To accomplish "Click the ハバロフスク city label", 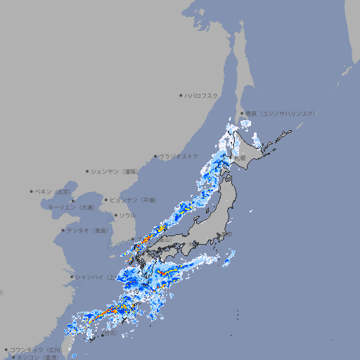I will coord(202,96).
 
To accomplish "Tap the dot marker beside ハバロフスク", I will coord(181,96).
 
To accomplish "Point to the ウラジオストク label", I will coord(179,156).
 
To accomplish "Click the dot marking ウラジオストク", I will coord(155,157).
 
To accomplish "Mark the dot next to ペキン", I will coord(32,191).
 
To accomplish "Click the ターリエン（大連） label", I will coord(70,207).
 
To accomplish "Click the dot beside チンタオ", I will coord(63,230).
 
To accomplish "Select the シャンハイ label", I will coord(91,276).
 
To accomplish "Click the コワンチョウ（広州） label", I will coord(36,349).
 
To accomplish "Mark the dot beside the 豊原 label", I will coord(242,113).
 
